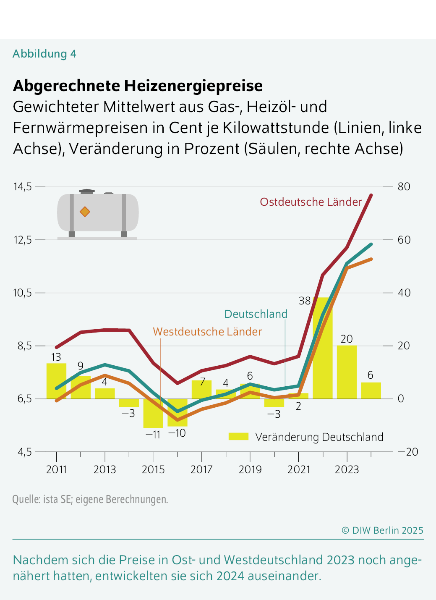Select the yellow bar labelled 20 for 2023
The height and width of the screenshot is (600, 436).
point(347,372)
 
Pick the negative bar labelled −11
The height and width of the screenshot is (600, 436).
point(153,413)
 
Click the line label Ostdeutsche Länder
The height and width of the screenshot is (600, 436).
point(311,202)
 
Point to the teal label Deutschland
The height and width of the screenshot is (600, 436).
point(256,314)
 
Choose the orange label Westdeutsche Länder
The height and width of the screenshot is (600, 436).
point(207,332)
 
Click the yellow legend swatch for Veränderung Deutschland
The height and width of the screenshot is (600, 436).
point(238,437)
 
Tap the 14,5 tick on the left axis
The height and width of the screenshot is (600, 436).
point(23,186)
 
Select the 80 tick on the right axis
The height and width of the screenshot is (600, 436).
point(404,186)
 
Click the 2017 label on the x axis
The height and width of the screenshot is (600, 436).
point(201,469)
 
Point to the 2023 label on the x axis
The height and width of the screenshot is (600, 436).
point(347,469)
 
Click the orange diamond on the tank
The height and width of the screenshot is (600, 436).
point(85,212)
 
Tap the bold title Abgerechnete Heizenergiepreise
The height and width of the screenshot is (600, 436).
point(138,86)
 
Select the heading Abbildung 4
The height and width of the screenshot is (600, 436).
point(44,54)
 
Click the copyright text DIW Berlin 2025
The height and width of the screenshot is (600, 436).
point(382,530)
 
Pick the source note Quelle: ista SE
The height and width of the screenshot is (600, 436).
point(90,499)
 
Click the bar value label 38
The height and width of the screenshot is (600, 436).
point(305,301)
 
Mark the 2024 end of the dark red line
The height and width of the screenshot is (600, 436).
point(371,195)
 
